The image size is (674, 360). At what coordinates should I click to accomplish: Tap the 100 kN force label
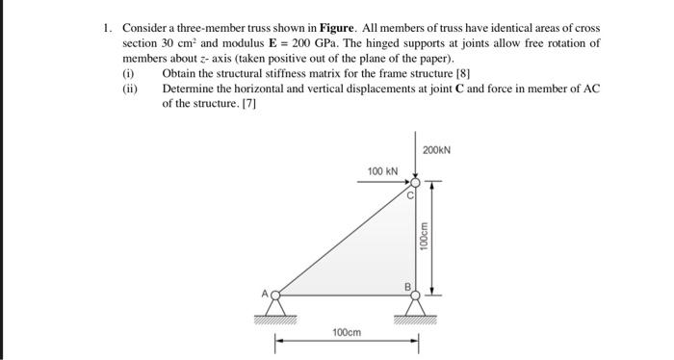point(382,171)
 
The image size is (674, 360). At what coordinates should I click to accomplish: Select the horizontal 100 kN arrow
point(388,182)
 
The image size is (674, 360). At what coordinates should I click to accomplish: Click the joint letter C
point(408,195)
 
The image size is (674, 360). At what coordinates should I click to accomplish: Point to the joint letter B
point(406,285)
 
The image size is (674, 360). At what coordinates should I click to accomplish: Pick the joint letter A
point(267,293)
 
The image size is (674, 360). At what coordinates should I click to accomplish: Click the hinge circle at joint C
point(415,182)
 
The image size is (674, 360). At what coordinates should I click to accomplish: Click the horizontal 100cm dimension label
point(347,332)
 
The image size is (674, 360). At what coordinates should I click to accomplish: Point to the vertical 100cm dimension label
point(424,238)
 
